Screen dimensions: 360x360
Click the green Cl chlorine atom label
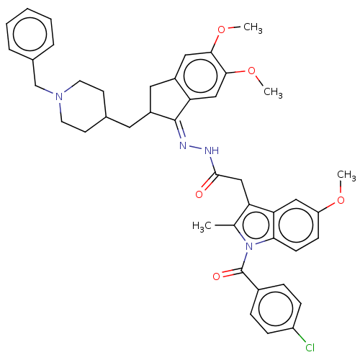[310, 347]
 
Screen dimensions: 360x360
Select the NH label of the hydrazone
[212, 150]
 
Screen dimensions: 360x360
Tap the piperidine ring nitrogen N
[59, 96]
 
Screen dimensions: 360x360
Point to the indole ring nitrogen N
[249, 246]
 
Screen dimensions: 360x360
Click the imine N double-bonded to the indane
[183, 145]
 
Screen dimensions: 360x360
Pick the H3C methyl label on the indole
[202, 226]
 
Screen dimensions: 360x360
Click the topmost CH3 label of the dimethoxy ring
[253, 27]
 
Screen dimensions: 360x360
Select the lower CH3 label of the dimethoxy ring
[273, 92]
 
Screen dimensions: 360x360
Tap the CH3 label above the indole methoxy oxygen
[346, 175]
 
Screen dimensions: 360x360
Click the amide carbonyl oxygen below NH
[199, 194]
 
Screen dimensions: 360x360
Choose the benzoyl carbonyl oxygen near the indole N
[216, 276]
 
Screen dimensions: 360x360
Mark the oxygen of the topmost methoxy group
[221, 30]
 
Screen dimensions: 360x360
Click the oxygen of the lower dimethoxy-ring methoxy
[251, 71]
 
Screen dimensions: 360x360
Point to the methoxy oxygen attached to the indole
[341, 200]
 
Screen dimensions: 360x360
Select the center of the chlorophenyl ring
[276, 309]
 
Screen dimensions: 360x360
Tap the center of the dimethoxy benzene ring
[200, 76]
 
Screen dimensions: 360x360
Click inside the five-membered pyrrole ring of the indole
[255, 225]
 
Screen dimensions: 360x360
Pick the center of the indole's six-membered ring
[296, 225]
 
